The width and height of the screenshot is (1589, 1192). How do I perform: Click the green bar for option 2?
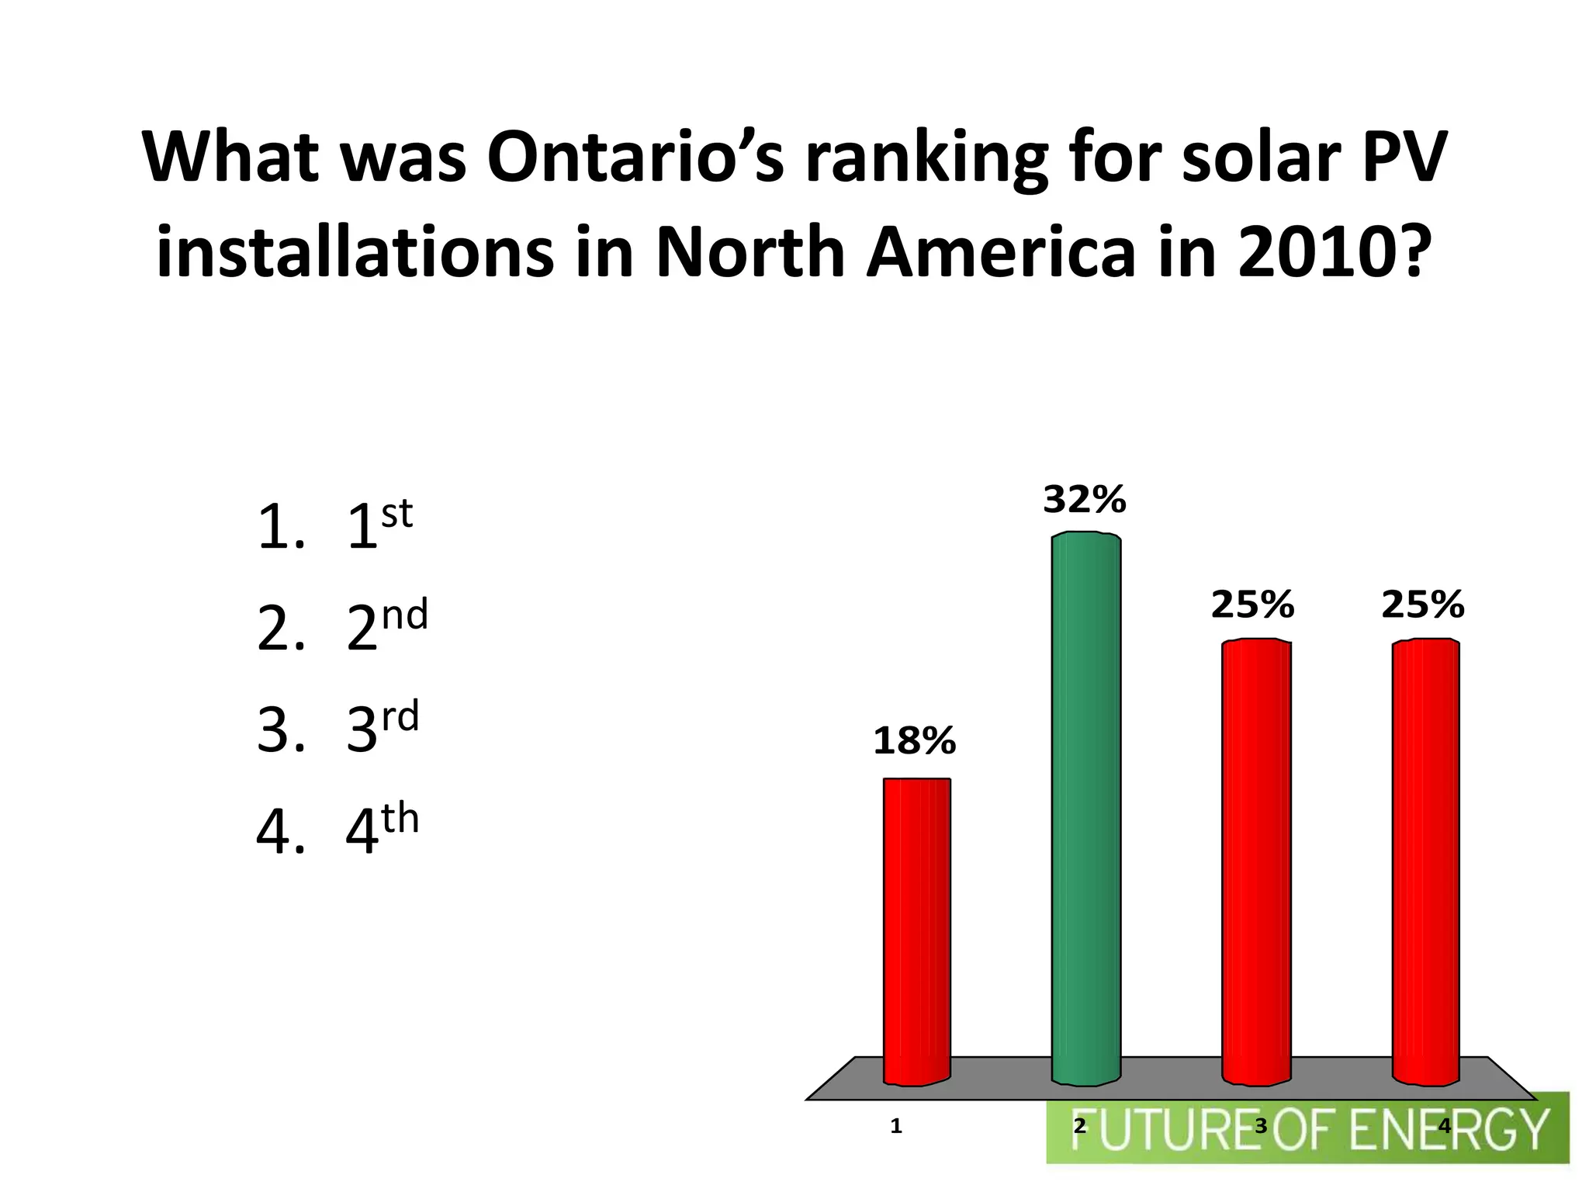point(1085,807)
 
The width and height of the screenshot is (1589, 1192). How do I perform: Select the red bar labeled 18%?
point(916,931)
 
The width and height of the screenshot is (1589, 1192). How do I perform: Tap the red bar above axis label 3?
point(1256,861)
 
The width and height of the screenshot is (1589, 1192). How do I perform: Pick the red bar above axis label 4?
point(1425,861)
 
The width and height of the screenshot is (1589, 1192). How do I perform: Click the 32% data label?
point(1084,501)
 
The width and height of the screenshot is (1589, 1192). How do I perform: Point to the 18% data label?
point(914,742)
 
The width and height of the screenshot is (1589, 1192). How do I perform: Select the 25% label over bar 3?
point(1252,605)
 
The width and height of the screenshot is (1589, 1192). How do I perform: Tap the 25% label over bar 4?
point(1422,605)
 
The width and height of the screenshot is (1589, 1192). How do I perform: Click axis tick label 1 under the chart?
point(896,1126)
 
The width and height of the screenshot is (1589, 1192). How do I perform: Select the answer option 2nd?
point(386,627)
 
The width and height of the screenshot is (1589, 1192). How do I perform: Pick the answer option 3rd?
point(382,728)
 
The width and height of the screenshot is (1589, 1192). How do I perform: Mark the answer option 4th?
point(382,830)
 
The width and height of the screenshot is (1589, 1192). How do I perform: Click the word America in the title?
point(1001,253)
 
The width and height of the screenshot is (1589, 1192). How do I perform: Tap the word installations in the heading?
point(355,253)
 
